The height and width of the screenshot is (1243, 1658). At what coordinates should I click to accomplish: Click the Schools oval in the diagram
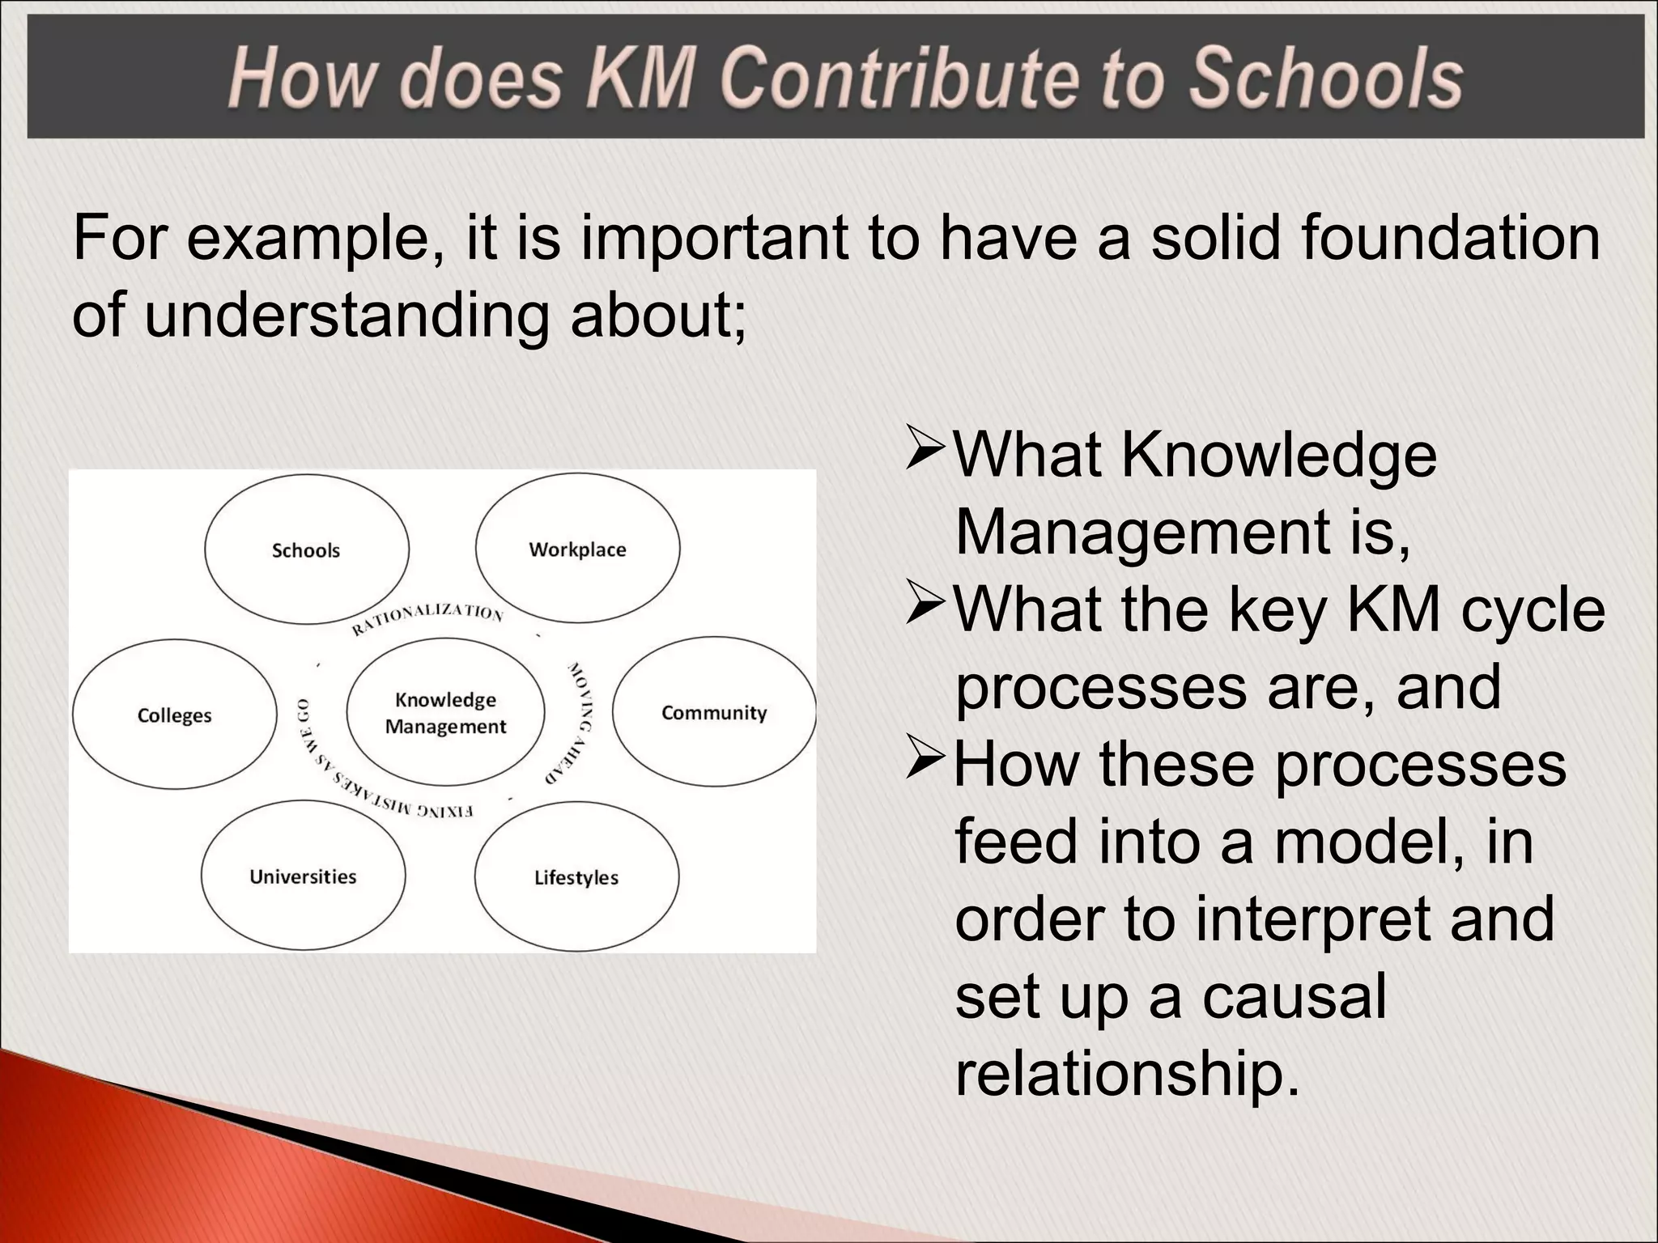306,549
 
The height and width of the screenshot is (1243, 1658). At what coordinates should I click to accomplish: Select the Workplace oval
577,549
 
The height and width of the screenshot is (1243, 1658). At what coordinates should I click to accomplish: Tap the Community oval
713,712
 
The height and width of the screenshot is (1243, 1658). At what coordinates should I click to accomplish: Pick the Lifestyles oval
576,877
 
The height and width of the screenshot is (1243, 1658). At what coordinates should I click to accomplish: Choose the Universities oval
303,876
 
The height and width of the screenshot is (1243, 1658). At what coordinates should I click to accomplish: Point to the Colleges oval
174,715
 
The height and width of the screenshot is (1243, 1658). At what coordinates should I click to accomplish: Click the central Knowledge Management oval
445,712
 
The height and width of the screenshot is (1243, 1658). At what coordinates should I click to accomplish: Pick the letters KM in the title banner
640,78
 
